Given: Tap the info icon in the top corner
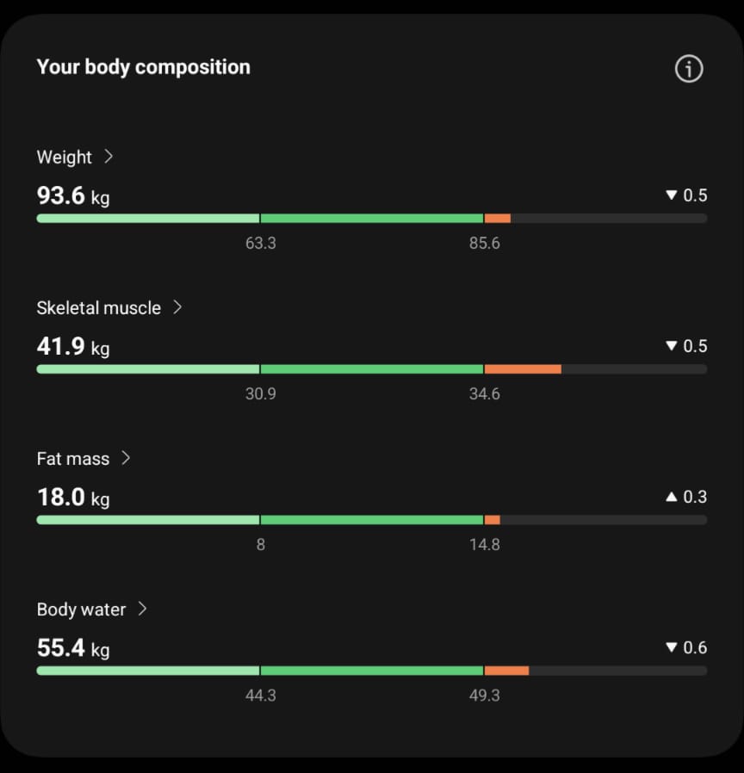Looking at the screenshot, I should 689,69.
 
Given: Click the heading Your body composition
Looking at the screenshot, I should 143,67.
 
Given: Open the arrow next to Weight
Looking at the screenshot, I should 108,157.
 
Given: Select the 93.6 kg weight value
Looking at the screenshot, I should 73,196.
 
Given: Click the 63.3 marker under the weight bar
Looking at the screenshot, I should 260,244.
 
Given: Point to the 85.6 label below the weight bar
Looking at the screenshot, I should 484,244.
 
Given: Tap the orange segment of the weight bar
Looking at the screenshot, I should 498,219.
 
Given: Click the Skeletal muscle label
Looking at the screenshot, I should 98,308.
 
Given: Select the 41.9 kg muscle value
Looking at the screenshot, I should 73,347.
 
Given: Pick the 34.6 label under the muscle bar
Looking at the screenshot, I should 484,394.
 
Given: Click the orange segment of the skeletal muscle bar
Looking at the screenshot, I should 523,369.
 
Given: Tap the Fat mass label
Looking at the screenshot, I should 72,459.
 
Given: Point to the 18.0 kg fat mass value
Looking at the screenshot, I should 73,498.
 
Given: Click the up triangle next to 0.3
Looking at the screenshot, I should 672,497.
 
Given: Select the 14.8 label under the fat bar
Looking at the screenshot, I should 484,545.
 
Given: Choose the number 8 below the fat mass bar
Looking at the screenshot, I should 260,545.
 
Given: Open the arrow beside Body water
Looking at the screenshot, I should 143,609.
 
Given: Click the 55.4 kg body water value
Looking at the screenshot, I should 73,648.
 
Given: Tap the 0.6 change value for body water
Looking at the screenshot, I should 695,647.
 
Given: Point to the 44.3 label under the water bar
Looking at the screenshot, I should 260,696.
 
